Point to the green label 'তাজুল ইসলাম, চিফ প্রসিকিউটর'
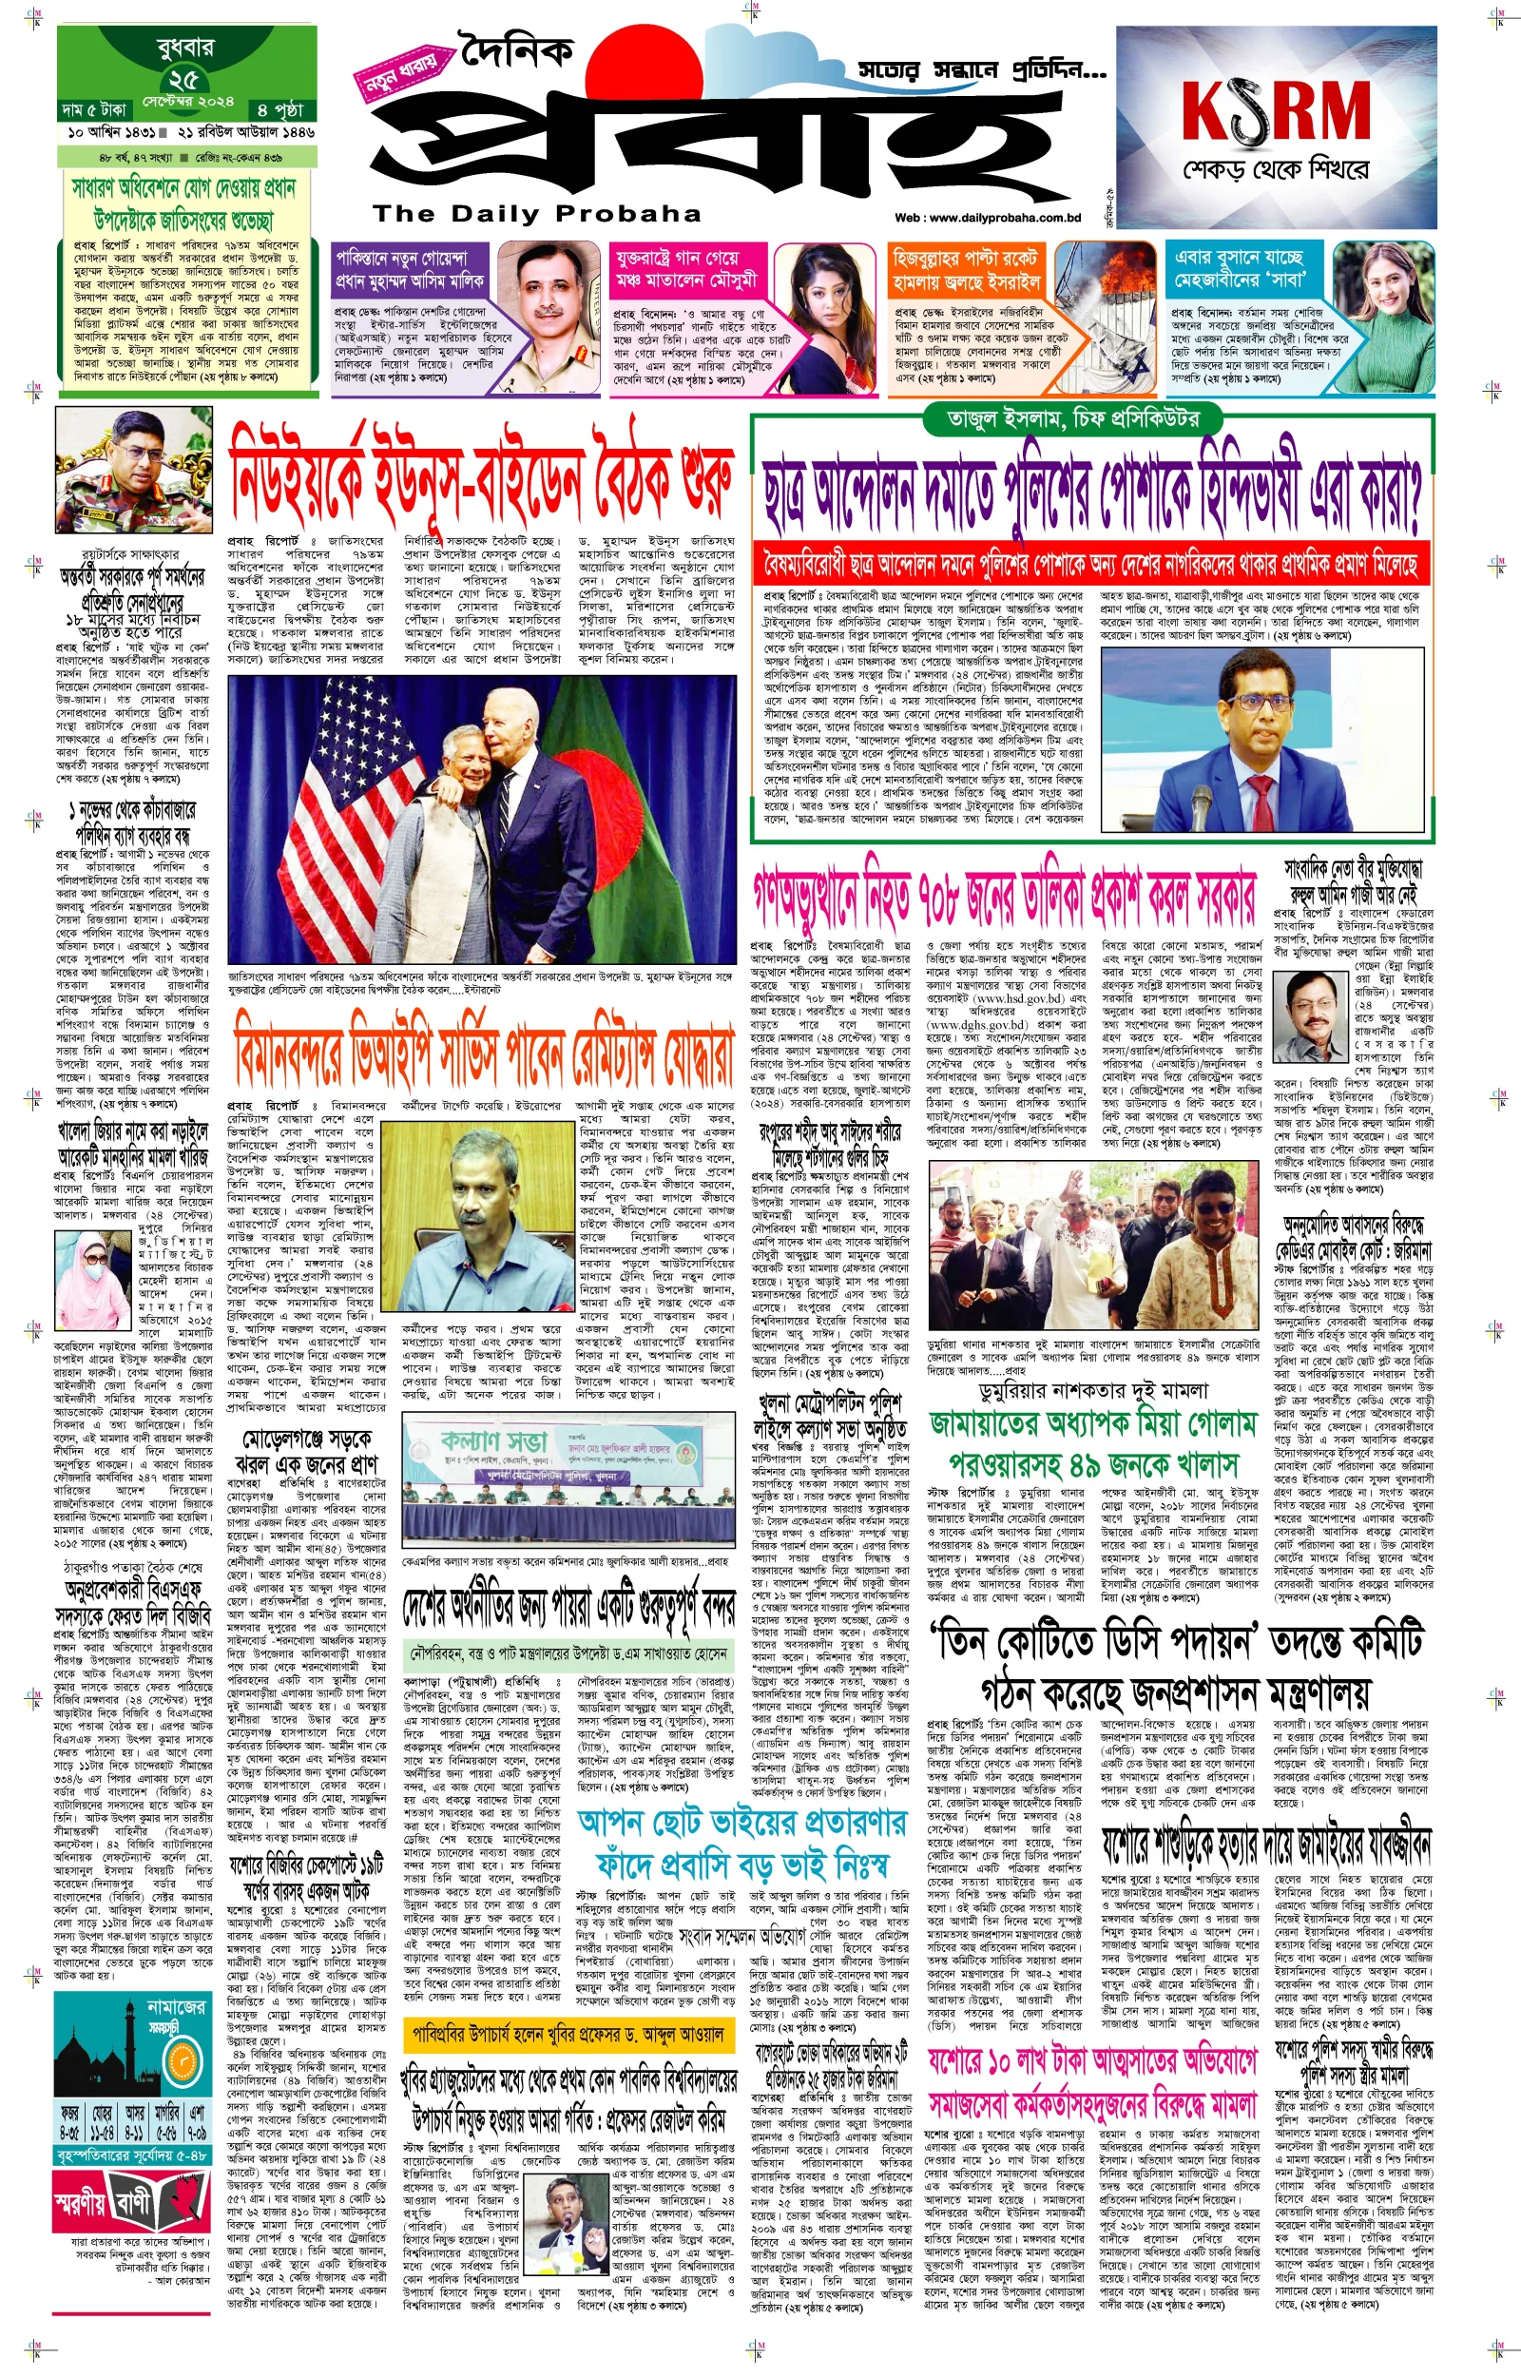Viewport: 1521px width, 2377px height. click(x=1073, y=417)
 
